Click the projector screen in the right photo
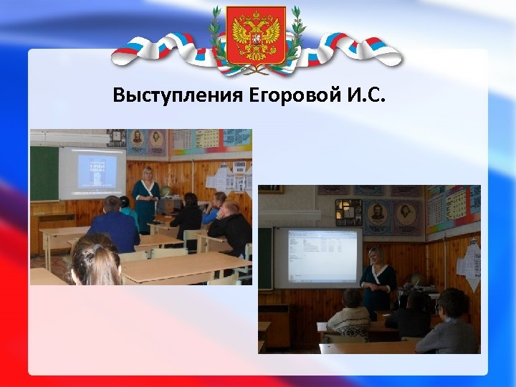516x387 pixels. pyautogui.click(x=317, y=257)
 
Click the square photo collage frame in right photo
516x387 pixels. pyautogui.click(x=348, y=211)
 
